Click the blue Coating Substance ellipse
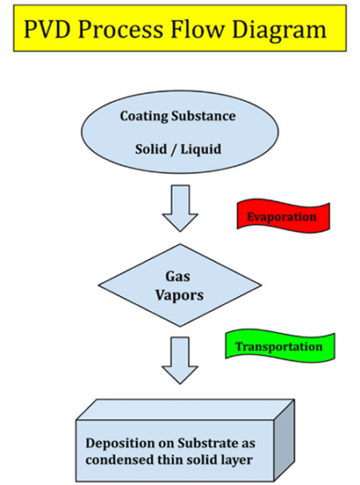[178, 130]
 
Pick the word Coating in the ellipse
[145, 116]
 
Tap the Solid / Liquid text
[177, 146]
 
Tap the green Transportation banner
[279, 346]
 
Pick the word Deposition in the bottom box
[123, 443]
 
